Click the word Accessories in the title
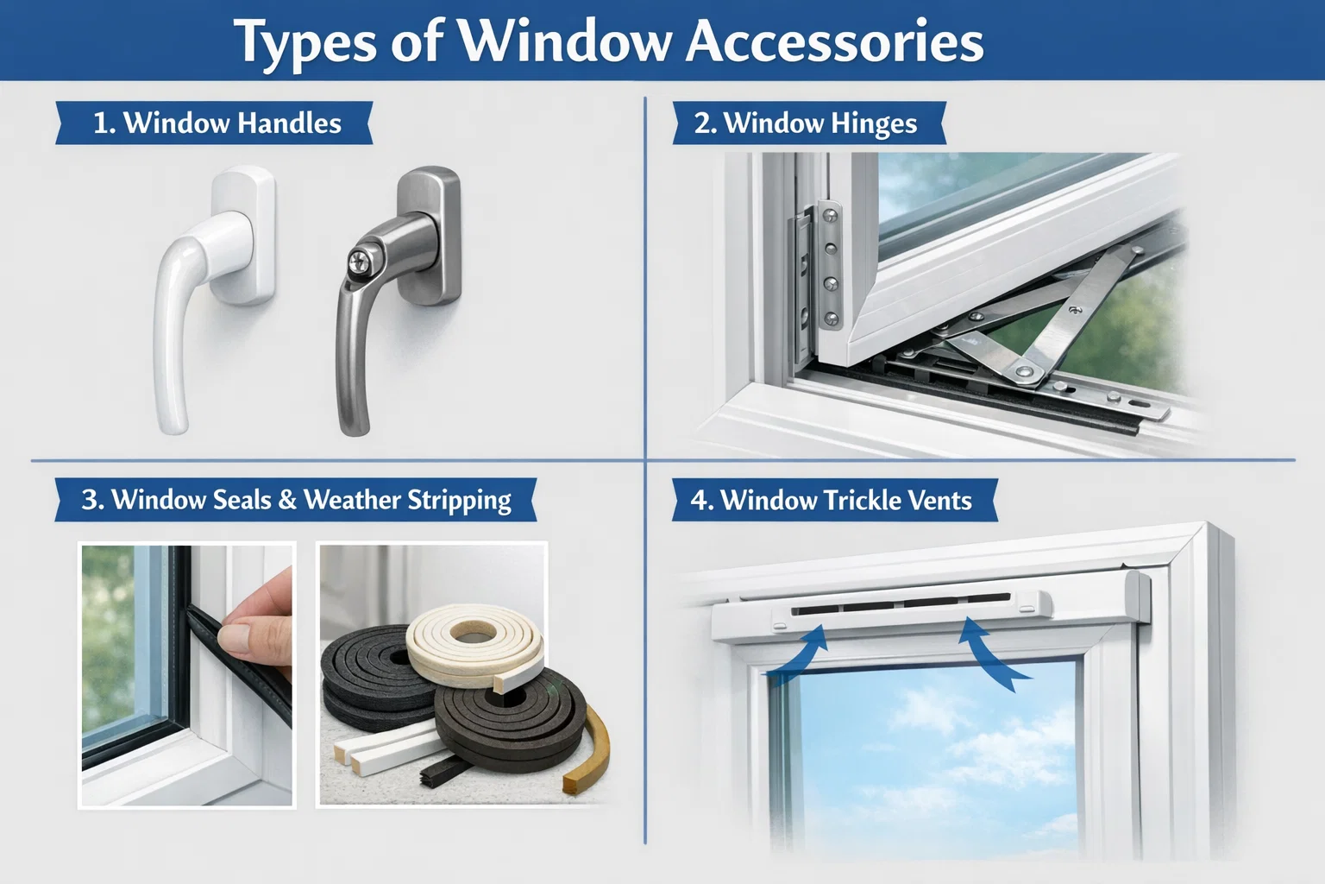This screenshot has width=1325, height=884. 834,41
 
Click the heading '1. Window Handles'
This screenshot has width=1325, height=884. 216,123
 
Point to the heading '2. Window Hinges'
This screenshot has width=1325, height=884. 806,123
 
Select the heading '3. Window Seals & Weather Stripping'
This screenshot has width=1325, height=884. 296,501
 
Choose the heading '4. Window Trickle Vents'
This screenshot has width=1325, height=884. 832,501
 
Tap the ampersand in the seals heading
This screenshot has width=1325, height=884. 287,501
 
